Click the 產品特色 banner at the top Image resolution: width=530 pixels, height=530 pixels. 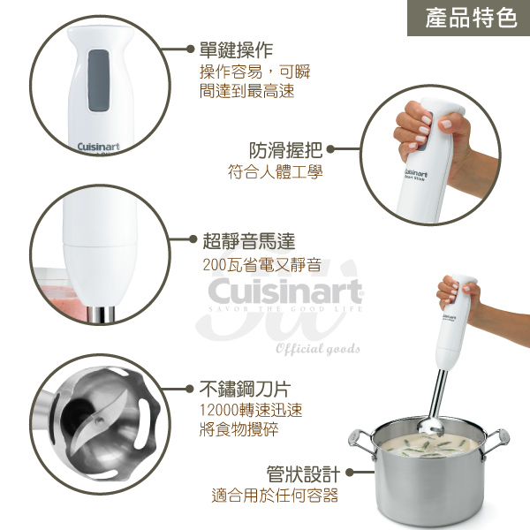(469, 18)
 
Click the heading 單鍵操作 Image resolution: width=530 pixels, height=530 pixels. (236, 50)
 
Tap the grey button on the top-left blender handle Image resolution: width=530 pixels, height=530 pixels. (99, 80)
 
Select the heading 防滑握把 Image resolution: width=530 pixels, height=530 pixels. (285, 150)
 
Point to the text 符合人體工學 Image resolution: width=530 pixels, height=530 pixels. (275, 171)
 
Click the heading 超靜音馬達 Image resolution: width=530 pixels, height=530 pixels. (249, 241)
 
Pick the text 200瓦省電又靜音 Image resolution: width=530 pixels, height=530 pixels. (262, 265)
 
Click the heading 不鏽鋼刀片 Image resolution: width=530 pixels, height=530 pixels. (245, 389)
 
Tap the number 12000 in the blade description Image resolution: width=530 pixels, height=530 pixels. (219, 411)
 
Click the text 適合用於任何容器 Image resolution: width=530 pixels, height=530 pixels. (275, 496)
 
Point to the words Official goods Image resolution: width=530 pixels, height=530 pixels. (318, 348)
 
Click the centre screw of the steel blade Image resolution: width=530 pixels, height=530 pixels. (98, 420)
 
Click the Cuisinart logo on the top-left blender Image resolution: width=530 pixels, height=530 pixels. (98, 147)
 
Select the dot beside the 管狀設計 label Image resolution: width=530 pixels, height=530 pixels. (350, 473)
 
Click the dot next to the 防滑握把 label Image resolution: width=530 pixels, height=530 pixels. (331, 148)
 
